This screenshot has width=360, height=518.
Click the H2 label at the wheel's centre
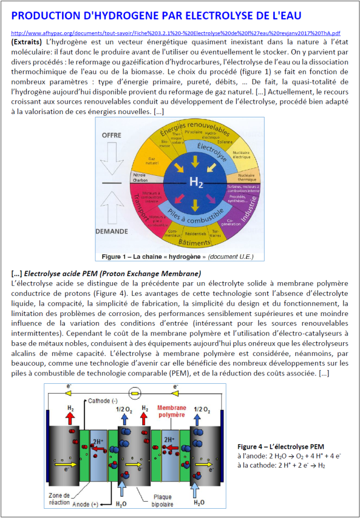pos(196,182)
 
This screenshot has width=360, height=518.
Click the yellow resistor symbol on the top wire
pos(135,392)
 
